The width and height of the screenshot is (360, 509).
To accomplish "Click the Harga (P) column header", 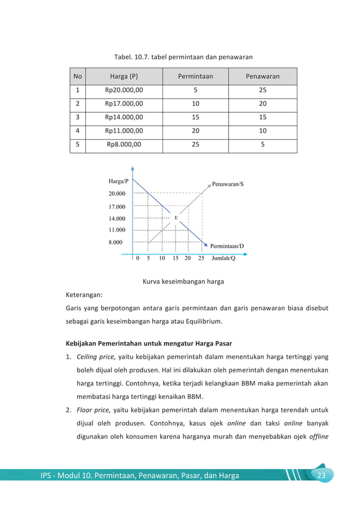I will point(124,76).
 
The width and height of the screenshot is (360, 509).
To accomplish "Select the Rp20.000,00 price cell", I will point(124,90).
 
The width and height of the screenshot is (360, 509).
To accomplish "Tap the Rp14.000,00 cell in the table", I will point(124,117).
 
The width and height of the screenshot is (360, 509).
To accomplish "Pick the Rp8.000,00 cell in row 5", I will point(124,144).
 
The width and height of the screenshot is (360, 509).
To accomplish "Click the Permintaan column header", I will point(195,76).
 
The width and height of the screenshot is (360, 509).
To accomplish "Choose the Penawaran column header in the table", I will point(262,76).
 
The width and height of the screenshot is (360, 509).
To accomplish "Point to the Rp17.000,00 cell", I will point(124,104).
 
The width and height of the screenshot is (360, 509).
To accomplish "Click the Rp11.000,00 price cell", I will point(124,131).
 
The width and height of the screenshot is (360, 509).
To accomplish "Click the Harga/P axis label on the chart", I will point(118,181).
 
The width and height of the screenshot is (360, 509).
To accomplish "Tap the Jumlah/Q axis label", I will point(223,259).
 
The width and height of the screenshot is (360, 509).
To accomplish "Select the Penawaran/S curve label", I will point(227,184).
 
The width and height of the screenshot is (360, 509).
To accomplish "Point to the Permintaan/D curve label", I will point(227,247).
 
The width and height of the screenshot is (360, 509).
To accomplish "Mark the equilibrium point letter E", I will point(175,217).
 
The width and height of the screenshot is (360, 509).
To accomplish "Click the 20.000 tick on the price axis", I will point(117,194).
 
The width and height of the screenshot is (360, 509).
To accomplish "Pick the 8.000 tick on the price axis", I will point(115,242).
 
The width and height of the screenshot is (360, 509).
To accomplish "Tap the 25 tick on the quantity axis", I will point(201,259).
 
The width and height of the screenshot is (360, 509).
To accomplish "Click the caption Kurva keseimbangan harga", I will point(180,281).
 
